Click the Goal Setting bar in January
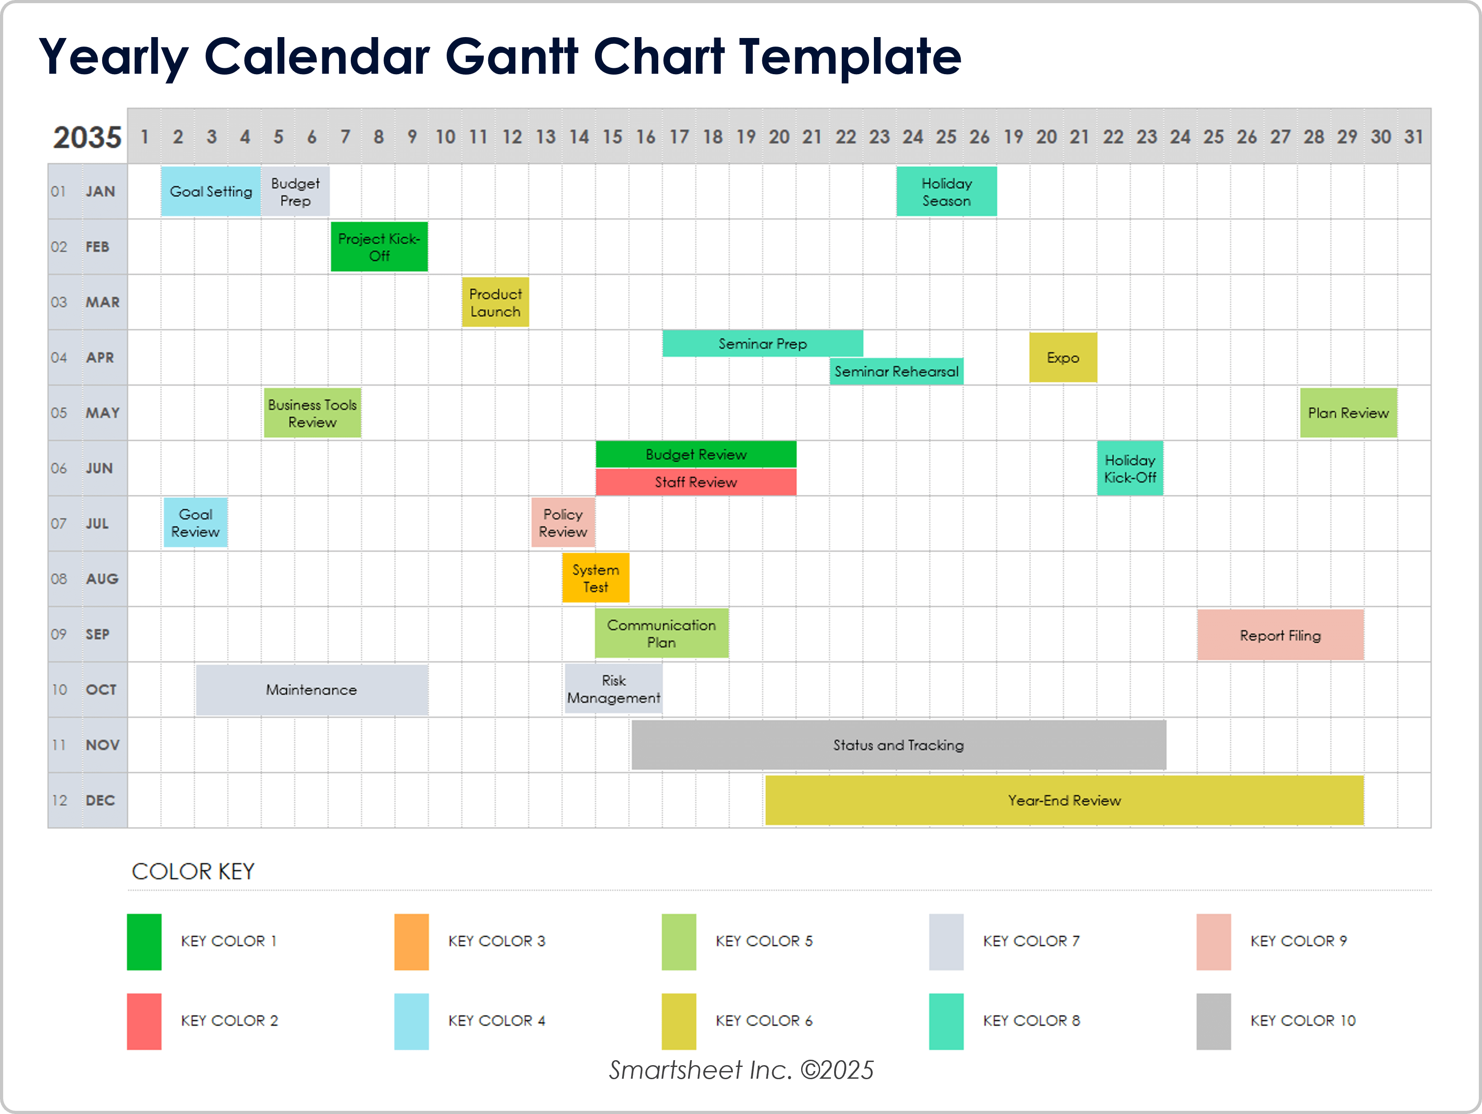210,192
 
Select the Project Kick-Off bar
379,247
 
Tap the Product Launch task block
495,302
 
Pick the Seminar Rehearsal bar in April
897,371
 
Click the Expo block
1062,358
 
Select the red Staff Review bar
695,482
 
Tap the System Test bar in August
595,578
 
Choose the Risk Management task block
613,689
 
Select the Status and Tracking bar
898,744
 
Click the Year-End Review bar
1064,800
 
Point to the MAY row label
102,413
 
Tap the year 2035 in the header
87,137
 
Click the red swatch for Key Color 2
144,1021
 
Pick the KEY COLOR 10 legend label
1303,1021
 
